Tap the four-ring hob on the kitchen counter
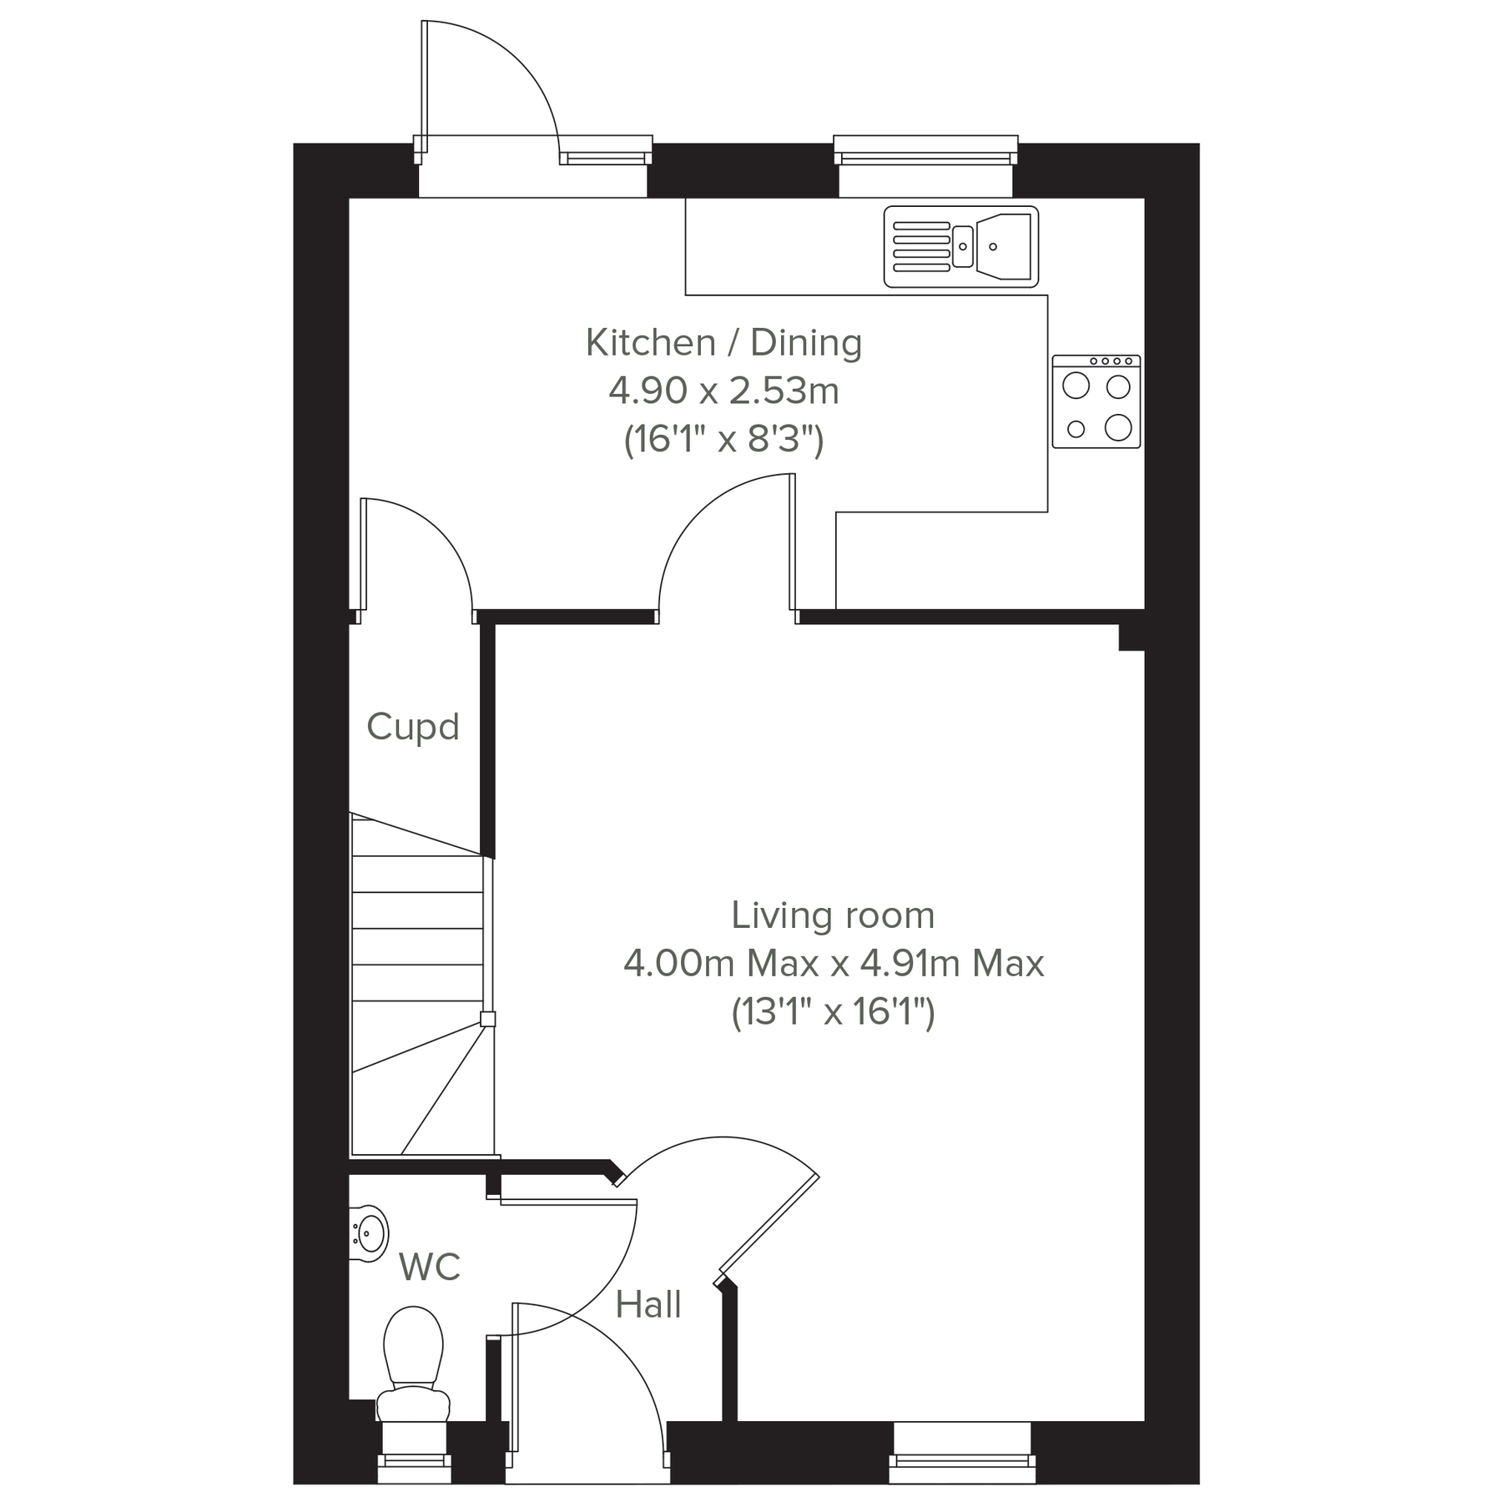(1096, 401)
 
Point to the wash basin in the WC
(368, 1232)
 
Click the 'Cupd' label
(413, 727)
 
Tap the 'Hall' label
(648, 1304)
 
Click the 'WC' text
(430, 1267)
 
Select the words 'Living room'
(833, 915)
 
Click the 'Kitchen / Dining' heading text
(723, 342)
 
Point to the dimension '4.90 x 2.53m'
(723, 391)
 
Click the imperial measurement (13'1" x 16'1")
(833, 1012)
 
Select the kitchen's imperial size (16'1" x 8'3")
(723, 439)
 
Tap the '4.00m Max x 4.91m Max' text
(833, 964)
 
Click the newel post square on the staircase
(487, 1018)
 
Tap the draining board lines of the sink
(921, 247)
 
